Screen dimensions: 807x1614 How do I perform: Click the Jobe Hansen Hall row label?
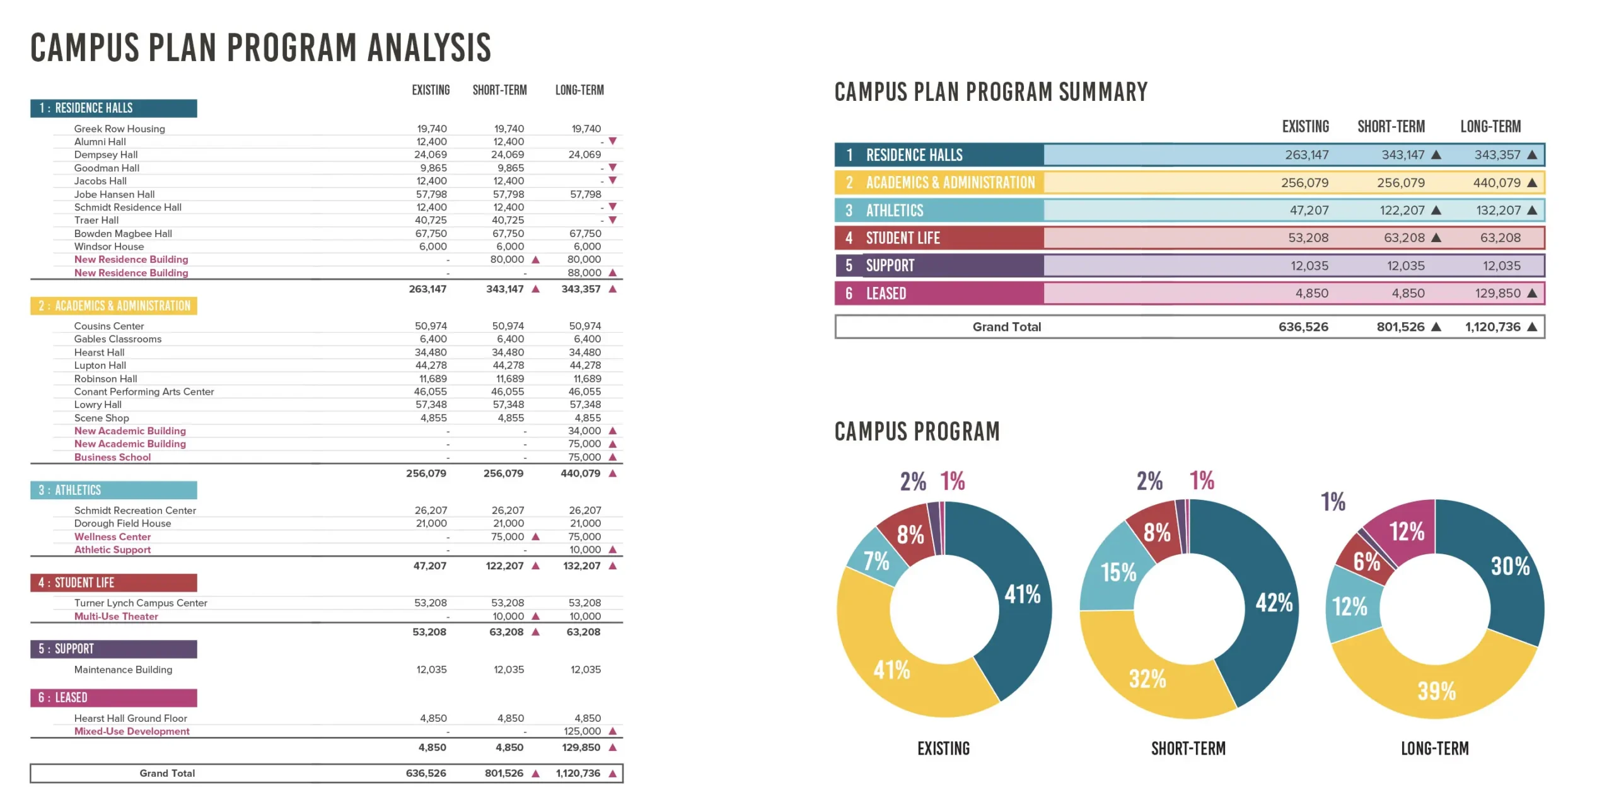coord(114,194)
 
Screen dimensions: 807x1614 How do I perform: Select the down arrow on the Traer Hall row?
coord(612,220)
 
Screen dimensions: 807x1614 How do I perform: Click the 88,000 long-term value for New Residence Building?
coord(584,273)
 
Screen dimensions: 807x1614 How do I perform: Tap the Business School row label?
coord(112,457)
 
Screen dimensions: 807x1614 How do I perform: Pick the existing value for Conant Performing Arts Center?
coord(431,392)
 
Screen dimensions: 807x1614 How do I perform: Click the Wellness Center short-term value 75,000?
coord(508,537)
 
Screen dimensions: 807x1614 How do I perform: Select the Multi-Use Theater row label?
coord(116,617)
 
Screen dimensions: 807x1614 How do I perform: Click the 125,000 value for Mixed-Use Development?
coord(582,731)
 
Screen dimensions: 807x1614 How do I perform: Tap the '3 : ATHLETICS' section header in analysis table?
coord(113,490)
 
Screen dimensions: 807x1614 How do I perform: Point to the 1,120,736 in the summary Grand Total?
coord(1492,327)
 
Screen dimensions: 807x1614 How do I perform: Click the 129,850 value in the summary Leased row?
coord(1497,293)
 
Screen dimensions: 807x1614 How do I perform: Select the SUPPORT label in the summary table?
coord(890,265)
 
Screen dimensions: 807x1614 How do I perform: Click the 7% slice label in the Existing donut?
coord(876,560)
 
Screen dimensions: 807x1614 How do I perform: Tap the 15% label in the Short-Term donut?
coord(1118,572)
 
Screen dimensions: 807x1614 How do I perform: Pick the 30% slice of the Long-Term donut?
coord(1510,566)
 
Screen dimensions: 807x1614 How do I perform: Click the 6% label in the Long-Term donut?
coord(1367,560)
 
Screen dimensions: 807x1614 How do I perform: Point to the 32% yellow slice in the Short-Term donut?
coord(1147,679)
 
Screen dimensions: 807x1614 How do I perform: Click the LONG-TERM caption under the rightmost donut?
coord(1434,748)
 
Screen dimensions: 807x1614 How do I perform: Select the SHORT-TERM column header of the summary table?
coord(1391,127)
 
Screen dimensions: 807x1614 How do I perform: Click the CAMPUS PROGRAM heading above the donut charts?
coord(917,432)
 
